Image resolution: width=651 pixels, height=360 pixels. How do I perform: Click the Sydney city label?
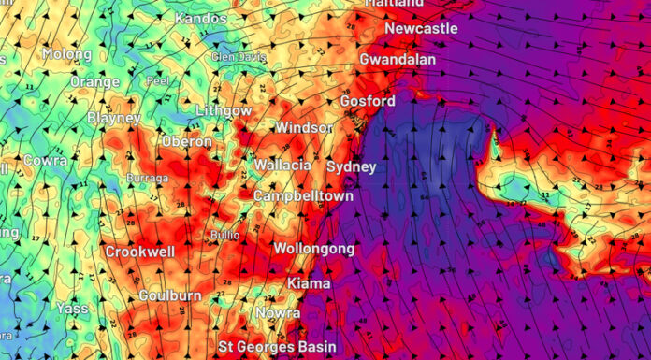[351, 167]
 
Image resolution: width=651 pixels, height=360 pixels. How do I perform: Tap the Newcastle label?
[421, 29]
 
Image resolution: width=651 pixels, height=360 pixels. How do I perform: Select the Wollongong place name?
[313, 249]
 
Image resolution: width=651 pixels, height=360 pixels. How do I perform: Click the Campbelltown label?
[304, 197]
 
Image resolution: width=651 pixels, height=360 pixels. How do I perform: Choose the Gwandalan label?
[398, 60]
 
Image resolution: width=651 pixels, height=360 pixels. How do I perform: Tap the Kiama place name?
[309, 283]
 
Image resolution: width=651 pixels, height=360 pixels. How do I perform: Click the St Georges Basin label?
[277, 347]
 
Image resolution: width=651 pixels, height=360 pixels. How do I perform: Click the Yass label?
[72, 307]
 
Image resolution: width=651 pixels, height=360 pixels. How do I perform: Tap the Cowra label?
[45, 161]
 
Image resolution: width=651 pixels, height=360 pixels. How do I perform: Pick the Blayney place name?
[114, 119]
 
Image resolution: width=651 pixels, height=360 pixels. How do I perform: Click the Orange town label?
[95, 82]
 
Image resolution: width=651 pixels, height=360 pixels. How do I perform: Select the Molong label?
[65, 55]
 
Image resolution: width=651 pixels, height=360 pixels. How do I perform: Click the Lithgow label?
[224, 111]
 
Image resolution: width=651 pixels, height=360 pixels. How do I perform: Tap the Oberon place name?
[187, 141]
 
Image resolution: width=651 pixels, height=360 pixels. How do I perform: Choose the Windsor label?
[304, 127]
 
